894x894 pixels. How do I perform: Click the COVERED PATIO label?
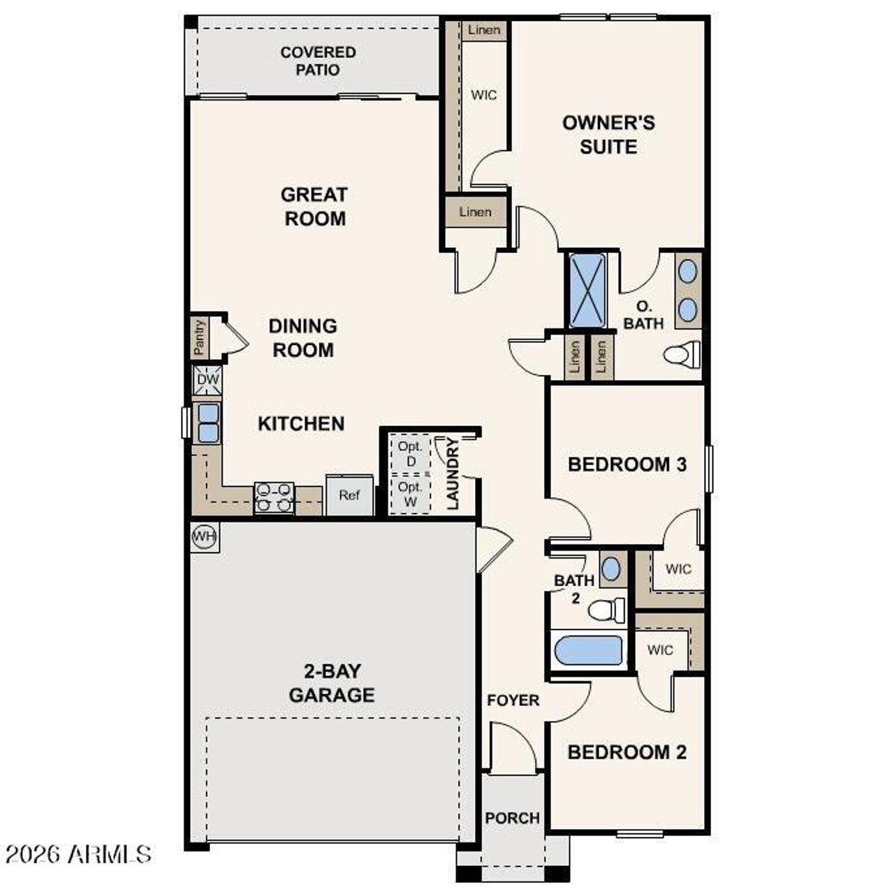click(x=318, y=61)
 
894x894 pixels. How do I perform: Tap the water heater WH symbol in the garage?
click(x=205, y=536)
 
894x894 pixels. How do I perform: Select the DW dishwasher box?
click(x=207, y=381)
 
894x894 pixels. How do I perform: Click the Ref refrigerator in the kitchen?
click(x=349, y=495)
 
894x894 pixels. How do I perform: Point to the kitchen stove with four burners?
click(x=274, y=498)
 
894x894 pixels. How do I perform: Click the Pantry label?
click(x=200, y=337)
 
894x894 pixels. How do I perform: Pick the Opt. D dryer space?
click(x=411, y=454)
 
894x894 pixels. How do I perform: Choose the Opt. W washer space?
click(x=411, y=494)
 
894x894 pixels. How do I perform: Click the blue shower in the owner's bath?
click(x=587, y=291)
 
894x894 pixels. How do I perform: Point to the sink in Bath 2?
click(x=610, y=569)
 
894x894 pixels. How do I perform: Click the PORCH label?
click(x=512, y=818)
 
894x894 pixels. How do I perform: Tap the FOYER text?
click(x=513, y=700)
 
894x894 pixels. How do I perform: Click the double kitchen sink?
click(x=208, y=423)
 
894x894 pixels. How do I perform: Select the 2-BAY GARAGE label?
click(x=332, y=683)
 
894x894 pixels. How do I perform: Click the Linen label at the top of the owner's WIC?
click(x=484, y=30)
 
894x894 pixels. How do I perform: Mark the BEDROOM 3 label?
click(x=626, y=464)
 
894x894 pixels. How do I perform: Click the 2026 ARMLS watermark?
click(x=78, y=853)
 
